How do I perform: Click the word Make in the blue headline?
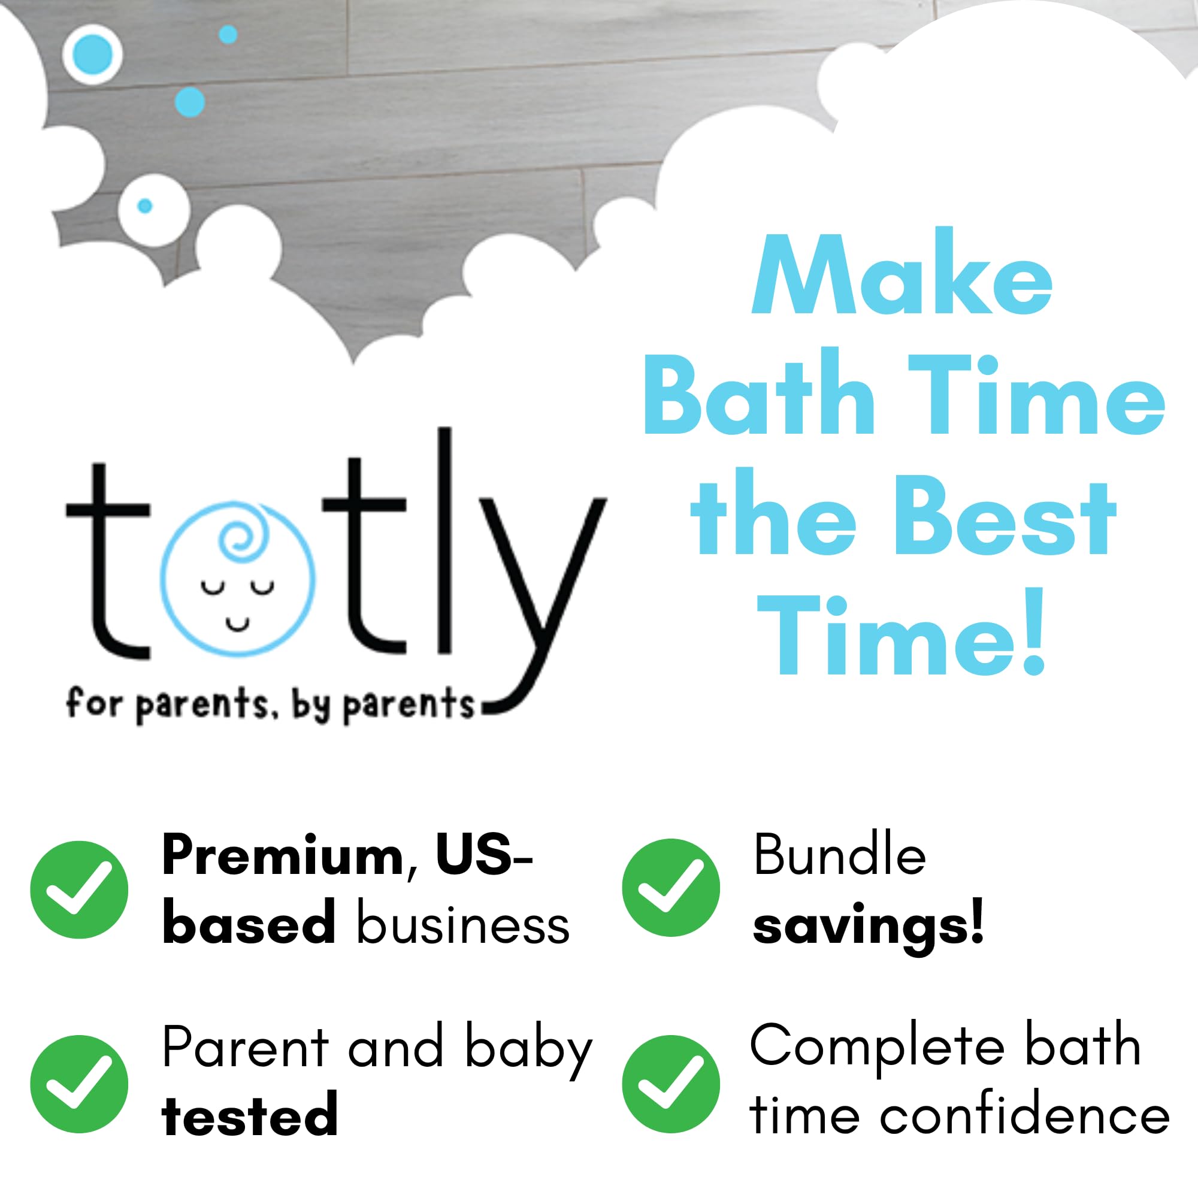coord(901,274)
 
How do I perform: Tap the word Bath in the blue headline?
coord(759,393)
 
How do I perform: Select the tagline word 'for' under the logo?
coord(93,703)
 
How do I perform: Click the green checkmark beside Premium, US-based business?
coord(80,890)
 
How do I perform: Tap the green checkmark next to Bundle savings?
coord(671,887)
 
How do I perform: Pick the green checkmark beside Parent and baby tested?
coord(80,1084)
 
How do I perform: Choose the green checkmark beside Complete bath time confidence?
coord(671,1084)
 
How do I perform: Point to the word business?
coord(462,927)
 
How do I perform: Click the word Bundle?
coord(840,855)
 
